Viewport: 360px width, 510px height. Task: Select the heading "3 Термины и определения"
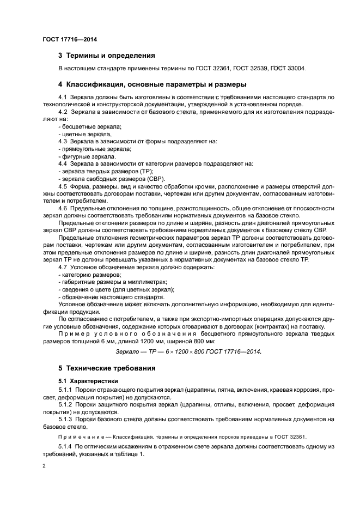[x=106, y=56]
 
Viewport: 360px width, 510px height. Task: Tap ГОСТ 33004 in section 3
[x=288, y=69]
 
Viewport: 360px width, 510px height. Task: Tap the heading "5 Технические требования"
[x=107, y=368]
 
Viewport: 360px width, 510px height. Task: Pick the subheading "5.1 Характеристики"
[x=88, y=380]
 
